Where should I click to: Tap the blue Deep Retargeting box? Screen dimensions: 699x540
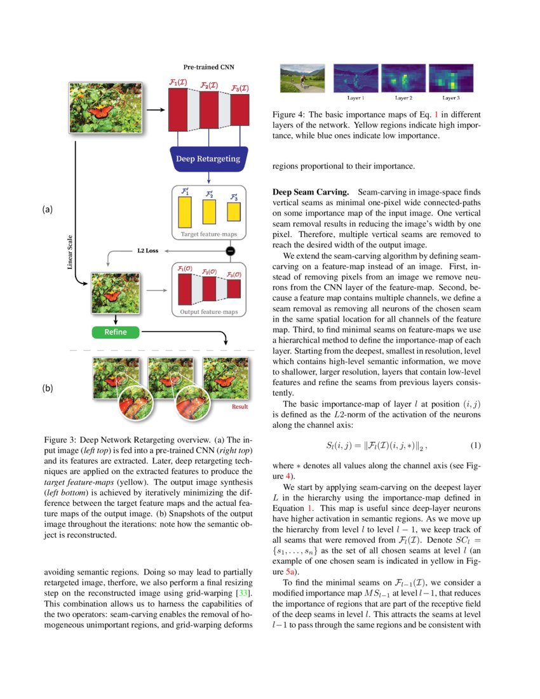coord(208,158)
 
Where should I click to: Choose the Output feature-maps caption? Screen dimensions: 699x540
coord(208,312)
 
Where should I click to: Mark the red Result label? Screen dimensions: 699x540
coord(240,407)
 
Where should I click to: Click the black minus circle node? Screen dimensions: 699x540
coord(231,251)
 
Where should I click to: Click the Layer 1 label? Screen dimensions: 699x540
coord(356,98)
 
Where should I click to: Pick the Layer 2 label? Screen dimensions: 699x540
coord(403,98)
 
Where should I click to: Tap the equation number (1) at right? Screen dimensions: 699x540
coord(475,446)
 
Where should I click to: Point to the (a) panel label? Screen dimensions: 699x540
coord(48,209)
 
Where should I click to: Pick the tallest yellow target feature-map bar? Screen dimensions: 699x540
coord(185,212)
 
